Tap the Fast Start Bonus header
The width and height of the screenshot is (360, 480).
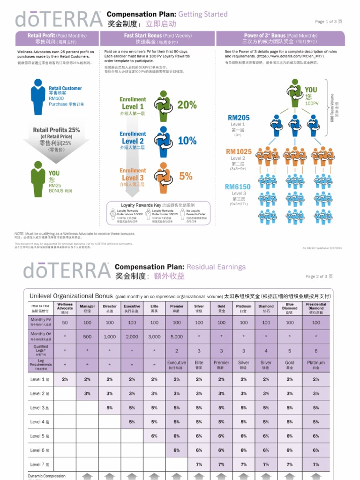click(x=157, y=38)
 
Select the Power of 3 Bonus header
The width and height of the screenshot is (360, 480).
click(x=280, y=38)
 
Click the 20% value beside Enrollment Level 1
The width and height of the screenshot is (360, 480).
click(x=187, y=105)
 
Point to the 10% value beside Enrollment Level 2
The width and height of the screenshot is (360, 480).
click(x=187, y=141)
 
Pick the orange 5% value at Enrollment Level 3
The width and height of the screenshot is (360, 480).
click(x=186, y=176)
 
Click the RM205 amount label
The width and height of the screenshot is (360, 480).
click(x=239, y=118)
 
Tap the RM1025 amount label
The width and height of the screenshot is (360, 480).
click(x=239, y=152)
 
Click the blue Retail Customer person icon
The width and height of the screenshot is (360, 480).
click(x=38, y=97)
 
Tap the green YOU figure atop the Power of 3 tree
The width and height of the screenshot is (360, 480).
click(x=295, y=94)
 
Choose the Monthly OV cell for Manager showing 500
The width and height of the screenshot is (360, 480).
click(x=87, y=337)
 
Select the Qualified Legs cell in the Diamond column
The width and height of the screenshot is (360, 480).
click(x=266, y=350)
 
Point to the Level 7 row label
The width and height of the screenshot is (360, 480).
click(x=39, y=464)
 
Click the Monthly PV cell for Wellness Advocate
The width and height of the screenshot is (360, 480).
click(x=65, y=322)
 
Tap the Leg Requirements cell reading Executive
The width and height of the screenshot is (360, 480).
click(x=177, y=364)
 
